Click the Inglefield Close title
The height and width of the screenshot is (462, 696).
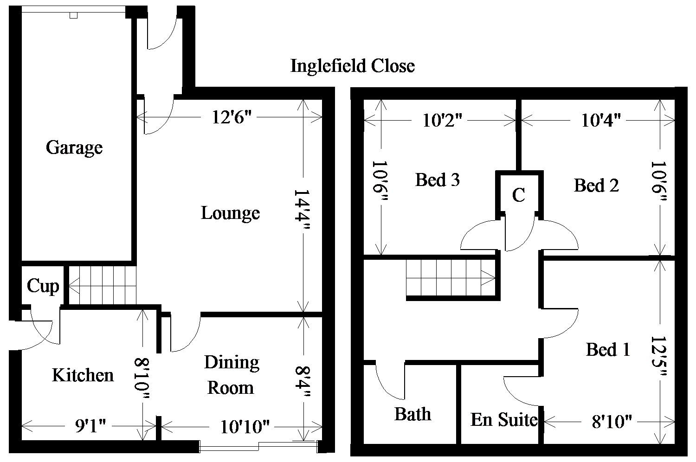353,66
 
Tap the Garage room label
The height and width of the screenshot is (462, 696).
74,148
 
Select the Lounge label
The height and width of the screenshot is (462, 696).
230,213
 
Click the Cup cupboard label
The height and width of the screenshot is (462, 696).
43,286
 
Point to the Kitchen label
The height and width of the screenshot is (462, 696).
83,375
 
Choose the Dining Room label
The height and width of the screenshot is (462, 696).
232,375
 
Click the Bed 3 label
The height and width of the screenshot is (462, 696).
438,180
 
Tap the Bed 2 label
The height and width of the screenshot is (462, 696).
596,186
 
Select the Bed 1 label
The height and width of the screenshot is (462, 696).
608,350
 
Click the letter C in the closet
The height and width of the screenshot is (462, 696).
519,195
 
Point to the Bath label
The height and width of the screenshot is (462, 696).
412,414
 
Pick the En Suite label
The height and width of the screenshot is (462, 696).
504,420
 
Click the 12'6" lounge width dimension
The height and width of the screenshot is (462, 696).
232,117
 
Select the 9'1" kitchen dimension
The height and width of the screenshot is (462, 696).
90,426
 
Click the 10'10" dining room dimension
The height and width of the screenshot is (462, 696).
245,427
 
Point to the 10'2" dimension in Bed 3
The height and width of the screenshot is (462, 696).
443,121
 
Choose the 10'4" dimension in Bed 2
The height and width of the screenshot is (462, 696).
601,121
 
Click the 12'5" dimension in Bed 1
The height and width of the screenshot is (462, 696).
658,356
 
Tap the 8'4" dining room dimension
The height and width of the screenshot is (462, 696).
303,382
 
